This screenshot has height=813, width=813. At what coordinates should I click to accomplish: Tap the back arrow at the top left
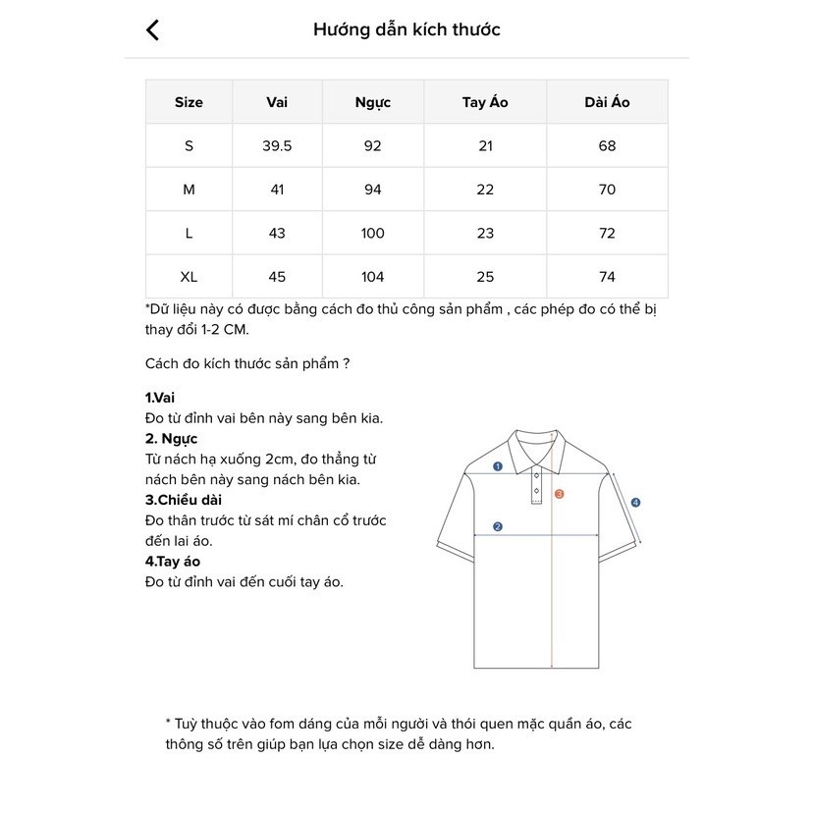click(x=152, y=29)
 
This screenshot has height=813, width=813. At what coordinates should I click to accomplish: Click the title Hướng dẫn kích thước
click(x=406, y=29)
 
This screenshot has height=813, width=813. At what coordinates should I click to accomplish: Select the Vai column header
click(x=277, y=102)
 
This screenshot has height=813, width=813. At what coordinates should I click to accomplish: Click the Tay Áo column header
click(x=485, y=102)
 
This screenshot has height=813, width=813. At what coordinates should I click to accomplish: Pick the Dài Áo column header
click(x=607, y=102)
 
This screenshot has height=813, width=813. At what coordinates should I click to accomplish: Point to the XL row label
click(x=189, y=277)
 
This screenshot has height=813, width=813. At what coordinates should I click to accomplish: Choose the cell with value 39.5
click(x=277, y=146)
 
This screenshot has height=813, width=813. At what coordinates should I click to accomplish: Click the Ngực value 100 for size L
click(x=372, y=234)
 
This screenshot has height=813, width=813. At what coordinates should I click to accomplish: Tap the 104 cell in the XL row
click(x=372, y=277)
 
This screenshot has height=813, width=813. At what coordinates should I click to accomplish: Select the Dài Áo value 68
click(x=607, y=146)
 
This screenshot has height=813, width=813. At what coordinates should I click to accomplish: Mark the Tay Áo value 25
click(x=485, y=277)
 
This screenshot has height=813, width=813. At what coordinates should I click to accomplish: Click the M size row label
click(x=189, y=190)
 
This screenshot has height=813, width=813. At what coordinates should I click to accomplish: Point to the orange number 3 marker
click(x=559, y=494)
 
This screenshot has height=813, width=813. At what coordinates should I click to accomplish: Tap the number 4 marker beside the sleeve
click(x=635, y=503)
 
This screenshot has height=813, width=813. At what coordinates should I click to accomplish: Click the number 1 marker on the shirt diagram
click(x=498, y=466)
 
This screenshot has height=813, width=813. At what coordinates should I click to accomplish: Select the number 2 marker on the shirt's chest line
click(x=498, y=526)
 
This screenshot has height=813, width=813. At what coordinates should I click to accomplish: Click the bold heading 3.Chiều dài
click(x=183, y=500)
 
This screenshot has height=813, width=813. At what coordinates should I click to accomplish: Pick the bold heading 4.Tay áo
click(x=173, y=562)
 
